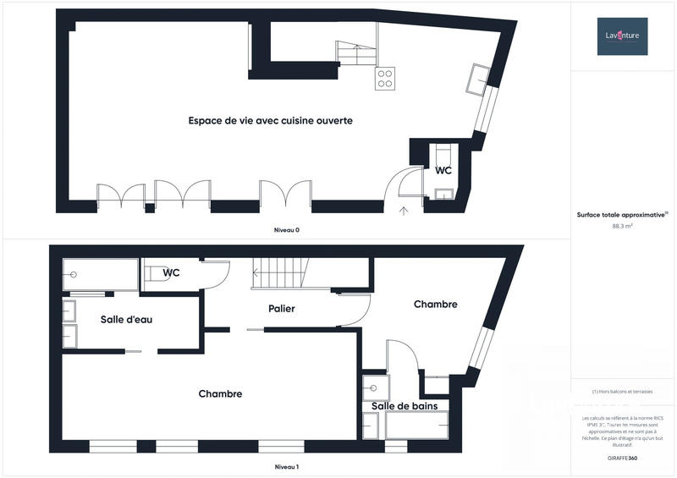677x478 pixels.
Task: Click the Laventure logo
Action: coord(623,36)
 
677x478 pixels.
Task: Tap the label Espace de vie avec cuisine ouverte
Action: coord(270,121)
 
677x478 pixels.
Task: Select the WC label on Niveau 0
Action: coord(443,170)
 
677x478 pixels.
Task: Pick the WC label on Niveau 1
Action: coord(171,272)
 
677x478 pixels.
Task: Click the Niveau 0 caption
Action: coord(286,230)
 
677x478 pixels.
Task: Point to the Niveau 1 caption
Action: coord(286,467)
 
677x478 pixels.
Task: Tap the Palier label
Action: coord(281,309)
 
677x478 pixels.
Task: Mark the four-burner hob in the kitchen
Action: coord(386,79)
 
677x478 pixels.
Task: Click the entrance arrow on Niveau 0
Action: coord(404,211)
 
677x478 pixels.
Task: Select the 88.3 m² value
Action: coord(622,226)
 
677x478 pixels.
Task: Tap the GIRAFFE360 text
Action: coord(622,456)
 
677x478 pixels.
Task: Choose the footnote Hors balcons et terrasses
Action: coord(622,392)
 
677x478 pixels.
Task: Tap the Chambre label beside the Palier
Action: coord(435,304)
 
